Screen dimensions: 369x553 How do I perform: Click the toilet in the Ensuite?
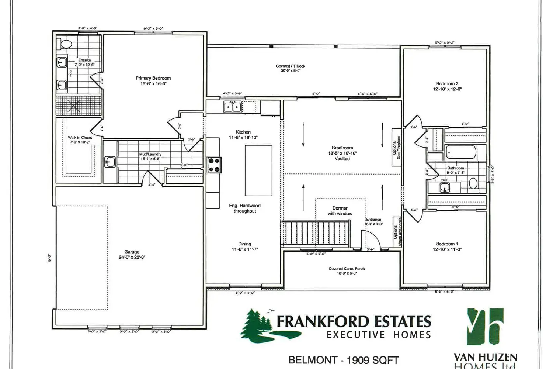(66, 44)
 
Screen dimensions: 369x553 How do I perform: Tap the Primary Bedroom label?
(153, 78)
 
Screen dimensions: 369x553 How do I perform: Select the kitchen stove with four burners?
(214, 165)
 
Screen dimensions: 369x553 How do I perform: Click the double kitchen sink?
(232, 107)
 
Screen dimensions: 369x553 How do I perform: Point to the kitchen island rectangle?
(258, 170)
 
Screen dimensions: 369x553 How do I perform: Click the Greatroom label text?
(342, 148)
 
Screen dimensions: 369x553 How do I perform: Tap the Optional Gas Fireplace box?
(396, 147)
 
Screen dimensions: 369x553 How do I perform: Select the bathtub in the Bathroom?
(460, 152)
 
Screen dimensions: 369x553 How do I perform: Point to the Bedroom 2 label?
(447, 84)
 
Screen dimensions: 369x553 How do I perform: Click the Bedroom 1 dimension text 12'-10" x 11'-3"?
(447, 249)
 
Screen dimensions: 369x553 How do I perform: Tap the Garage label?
(132, 252)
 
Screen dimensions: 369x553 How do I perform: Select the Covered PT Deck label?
(291, 66)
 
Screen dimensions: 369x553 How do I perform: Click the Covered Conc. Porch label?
(347, 269)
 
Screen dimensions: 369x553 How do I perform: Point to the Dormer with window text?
(340, 211)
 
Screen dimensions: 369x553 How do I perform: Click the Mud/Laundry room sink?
(110, 162)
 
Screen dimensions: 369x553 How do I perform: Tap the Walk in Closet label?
(80, 138)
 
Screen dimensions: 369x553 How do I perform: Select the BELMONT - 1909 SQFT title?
(343, 360)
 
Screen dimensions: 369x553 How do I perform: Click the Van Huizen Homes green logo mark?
(485, 326)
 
